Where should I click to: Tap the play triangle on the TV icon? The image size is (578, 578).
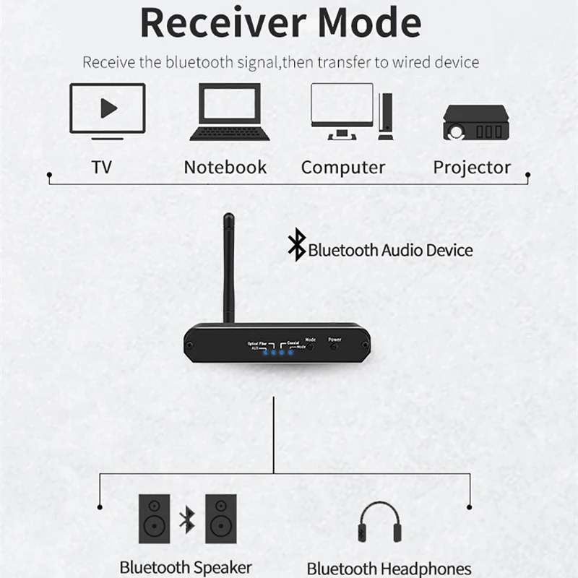108,108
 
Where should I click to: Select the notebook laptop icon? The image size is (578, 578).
230,112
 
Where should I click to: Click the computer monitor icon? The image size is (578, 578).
342,111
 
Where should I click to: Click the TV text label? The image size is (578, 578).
102,168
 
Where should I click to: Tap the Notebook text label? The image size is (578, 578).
225,168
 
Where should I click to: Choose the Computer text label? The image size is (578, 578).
343,168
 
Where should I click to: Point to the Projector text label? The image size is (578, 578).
472,168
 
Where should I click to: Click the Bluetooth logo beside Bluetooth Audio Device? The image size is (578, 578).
296,244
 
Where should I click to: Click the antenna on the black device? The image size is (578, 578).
229,267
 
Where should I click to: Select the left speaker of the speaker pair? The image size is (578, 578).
154,519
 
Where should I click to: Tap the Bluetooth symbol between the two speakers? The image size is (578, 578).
187,519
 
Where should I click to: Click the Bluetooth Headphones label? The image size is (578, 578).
389,569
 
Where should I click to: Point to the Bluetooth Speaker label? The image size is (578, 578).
186,567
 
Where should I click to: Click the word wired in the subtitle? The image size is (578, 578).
409,62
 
